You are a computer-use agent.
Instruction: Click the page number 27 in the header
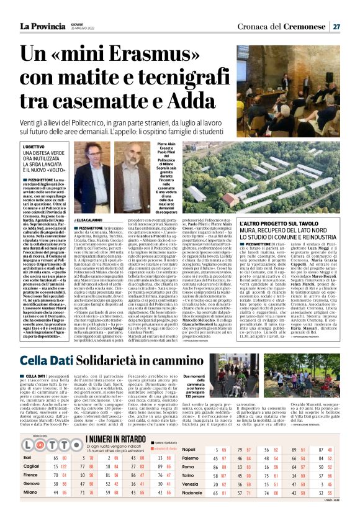coord(336,26)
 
